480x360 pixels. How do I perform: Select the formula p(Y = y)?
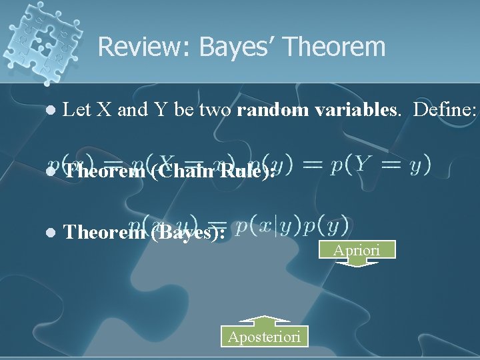click(x=381, y=164)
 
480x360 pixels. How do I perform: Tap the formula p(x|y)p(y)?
click(x=293, y=226)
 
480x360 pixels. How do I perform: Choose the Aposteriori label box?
click(x=265, y=337)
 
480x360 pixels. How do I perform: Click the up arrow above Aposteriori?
click(x=265, y=321)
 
